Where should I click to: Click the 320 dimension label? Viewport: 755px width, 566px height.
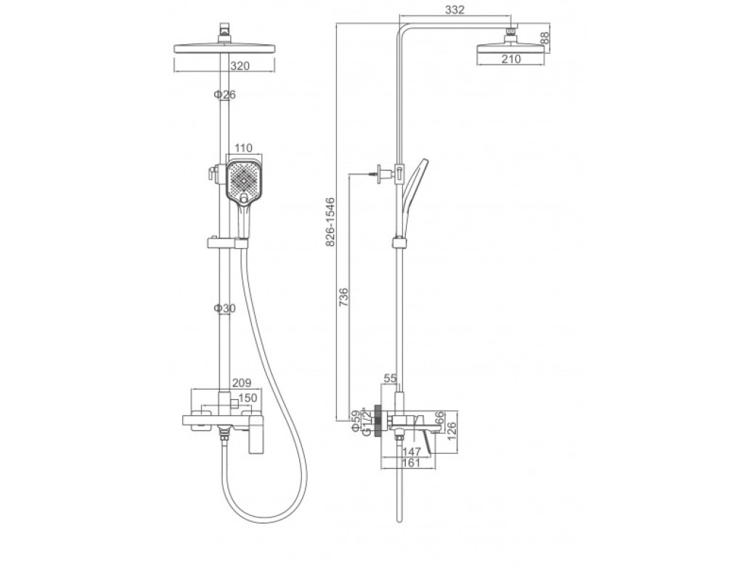pyautogui.click(x=240, y=66)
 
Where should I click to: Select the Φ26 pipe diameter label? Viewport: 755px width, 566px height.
pyautogui.click(x=225, y=95)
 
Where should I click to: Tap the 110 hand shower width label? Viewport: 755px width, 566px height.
pyautogui.click(x=243, y=148)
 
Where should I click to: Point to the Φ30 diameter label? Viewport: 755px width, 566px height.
pyautogui.click(x=225, y=308)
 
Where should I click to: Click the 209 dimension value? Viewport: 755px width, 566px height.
pyautogui.click(x=242, y=382)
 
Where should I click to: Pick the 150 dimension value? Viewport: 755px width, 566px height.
pyautogui.click(x=248, y=398)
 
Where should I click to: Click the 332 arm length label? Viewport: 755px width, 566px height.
pyautogui.click(x=455, y=9)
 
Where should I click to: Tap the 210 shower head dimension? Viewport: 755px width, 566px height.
pyautogui.click(x=511, y=59)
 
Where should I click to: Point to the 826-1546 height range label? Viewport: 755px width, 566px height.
pyautogui.click(x=330, y=222)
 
